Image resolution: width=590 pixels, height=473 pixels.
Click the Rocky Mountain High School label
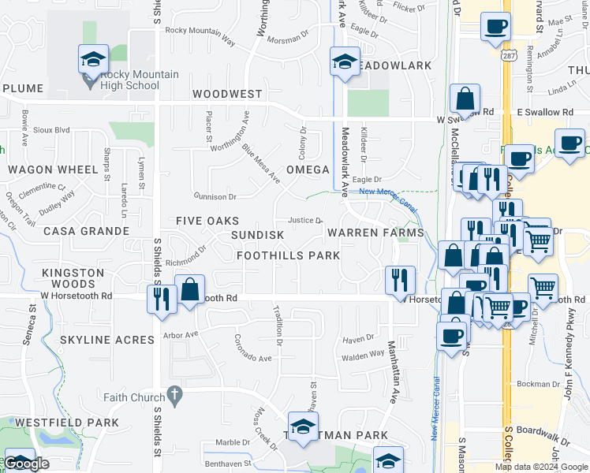click(x=140, y=81)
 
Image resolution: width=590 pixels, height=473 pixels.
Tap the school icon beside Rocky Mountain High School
click(x=93, y=59)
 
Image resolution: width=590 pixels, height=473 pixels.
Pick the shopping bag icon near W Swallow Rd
click(x=465, y=99)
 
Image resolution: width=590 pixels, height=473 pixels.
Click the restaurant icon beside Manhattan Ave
click(x=400, y=281)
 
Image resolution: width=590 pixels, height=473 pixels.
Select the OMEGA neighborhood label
click(x=308, y=169)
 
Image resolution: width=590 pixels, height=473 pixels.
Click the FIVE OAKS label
click(x=207, y=222)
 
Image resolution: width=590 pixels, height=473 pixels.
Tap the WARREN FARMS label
click(x=375, y=233)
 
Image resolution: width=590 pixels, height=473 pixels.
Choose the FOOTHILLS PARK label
click(x=289, y=255)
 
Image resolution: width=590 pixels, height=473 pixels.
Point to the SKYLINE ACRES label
click(x=106, y=340)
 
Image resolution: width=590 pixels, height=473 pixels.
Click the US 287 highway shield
click(x=503, y=56)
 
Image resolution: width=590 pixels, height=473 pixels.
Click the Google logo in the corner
click(x=28, y=464)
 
